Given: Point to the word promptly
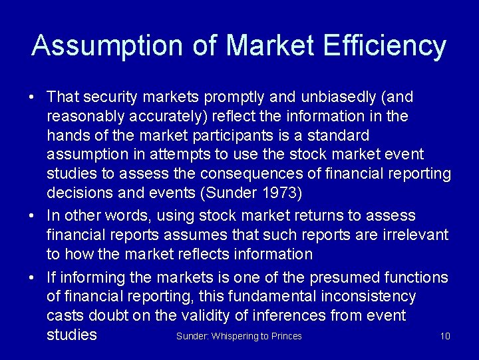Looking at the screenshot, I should (236, 97).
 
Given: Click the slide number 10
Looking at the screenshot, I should (445, 336).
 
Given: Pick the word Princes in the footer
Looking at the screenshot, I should (287, 336).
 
